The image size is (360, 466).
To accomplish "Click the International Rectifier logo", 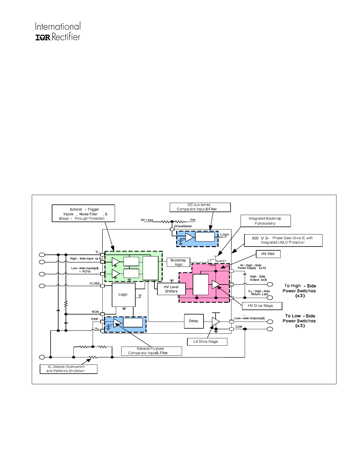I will pos(58,31).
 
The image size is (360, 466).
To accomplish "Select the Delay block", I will pos(194,321).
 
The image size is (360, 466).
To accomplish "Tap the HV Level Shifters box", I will pos(171,289).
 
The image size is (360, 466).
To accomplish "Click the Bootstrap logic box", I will pos(178,262).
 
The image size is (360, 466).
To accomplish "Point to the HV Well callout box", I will pos(268,254).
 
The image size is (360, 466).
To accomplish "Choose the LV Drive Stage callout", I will pos(207,342).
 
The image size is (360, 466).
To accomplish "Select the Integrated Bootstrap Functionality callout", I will pos(265,221).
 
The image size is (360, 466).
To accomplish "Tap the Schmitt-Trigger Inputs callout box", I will pos(83,214).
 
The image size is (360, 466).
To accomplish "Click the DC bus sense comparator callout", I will pos(200,207).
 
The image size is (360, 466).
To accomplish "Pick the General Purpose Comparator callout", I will pos(151,351).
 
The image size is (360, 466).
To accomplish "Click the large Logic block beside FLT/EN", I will pos(124,294).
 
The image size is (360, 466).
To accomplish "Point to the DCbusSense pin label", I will pos(183,226).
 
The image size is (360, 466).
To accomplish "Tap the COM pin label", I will pos(239,327).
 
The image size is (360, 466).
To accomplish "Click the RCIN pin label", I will pos(95,312).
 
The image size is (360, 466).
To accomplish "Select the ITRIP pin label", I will pos(94,319).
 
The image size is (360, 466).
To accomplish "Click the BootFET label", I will pos(221,261).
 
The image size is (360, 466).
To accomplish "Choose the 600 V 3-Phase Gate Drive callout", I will pos(283,240).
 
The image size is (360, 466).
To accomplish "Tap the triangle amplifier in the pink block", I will pos(216,284).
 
